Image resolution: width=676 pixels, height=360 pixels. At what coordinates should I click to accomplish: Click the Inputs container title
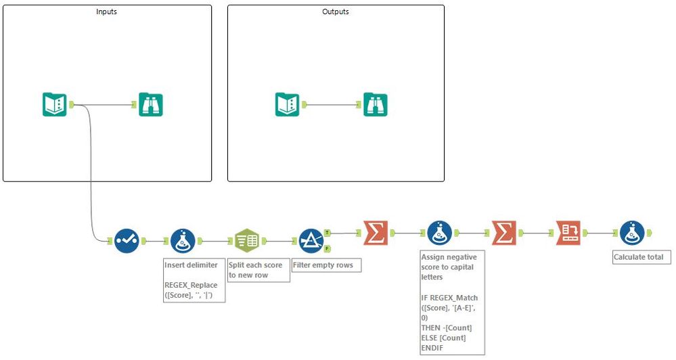coord(106,12)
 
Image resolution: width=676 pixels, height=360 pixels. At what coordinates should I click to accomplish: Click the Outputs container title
coord(336,12)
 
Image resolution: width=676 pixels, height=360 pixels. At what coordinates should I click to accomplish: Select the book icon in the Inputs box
coord(55,105)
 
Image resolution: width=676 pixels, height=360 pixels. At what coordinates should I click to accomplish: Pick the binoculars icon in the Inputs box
coord(151,105)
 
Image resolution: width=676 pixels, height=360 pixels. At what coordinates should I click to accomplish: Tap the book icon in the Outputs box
coord(287,105)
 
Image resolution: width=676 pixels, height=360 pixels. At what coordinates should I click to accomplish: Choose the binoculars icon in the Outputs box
coord(376,105)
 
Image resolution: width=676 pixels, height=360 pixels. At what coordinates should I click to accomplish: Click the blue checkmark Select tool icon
coord(127,241)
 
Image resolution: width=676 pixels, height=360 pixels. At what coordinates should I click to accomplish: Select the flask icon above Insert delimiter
coord(183,241)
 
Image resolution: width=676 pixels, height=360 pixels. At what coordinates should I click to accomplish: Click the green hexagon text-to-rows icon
coord(247,241)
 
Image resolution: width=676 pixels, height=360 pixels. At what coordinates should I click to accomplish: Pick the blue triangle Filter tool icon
coord(311,241)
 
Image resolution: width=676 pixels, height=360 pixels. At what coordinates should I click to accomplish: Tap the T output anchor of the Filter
coord(328,233)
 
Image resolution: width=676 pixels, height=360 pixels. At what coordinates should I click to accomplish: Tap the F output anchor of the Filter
coord(328,249)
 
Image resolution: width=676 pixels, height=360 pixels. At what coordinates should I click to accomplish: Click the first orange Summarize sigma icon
coord(376,233)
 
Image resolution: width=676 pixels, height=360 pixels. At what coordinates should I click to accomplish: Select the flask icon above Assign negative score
coord(440,233)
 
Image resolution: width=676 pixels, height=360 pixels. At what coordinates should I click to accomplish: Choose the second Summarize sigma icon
coord(504,233)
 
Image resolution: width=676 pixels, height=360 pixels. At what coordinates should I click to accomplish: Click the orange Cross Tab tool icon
coord(568,233)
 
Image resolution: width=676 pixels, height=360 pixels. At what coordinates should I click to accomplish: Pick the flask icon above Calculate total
coord(633,233)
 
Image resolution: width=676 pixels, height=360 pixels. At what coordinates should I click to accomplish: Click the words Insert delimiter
coord(191,265)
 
